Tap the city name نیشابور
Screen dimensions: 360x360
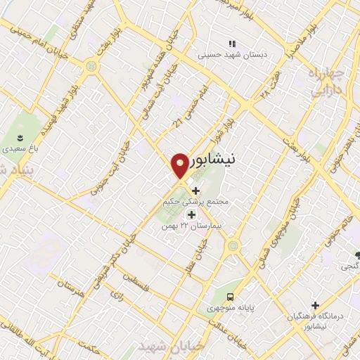tap(215, 161)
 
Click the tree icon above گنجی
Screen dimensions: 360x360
tap(358, 255)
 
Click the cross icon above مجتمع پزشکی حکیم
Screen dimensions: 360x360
tap(195, 190)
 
